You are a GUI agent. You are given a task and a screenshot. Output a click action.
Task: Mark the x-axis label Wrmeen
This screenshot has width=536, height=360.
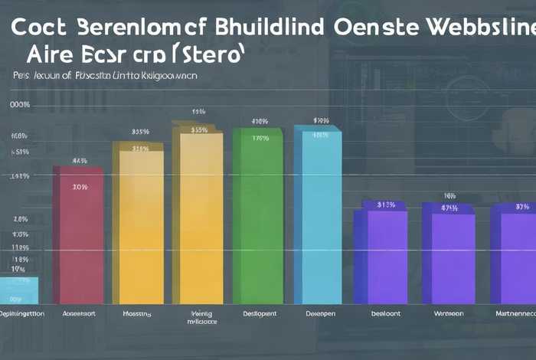448,314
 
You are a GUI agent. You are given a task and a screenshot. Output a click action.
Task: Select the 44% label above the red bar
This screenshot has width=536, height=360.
80,162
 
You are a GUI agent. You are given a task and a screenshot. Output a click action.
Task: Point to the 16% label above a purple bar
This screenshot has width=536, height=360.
449,196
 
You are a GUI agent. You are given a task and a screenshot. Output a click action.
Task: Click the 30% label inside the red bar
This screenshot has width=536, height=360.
80,186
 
